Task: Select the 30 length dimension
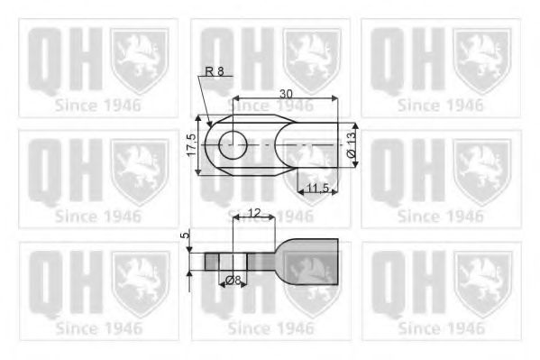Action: point(286,92)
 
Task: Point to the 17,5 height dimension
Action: point(191,144)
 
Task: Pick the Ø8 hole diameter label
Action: point(233,281)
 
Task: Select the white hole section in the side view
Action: point(233,261)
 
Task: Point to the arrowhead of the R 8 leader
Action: point(209,123)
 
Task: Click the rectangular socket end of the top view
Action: point(316,143)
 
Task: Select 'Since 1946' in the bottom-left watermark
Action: point(97,328)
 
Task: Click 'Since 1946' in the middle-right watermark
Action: point(440,217)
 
